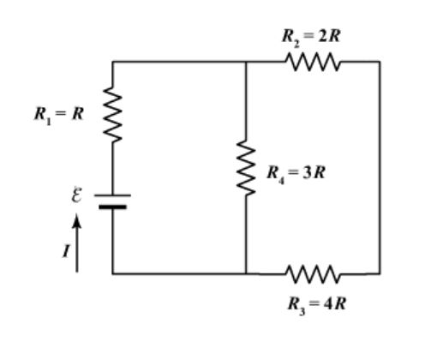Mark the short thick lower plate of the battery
[x=112, y=206]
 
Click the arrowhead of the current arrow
[x=76, y=221]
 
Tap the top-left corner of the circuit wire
[x=112, y=62]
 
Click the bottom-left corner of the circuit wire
[x=112, y=274]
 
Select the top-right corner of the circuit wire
[x=379, y=62]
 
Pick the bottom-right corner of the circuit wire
[x=379, y=274]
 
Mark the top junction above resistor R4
[x=247, y=62]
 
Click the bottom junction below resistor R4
[x=247, y=274]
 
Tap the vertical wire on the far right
[x=379, y=168]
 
